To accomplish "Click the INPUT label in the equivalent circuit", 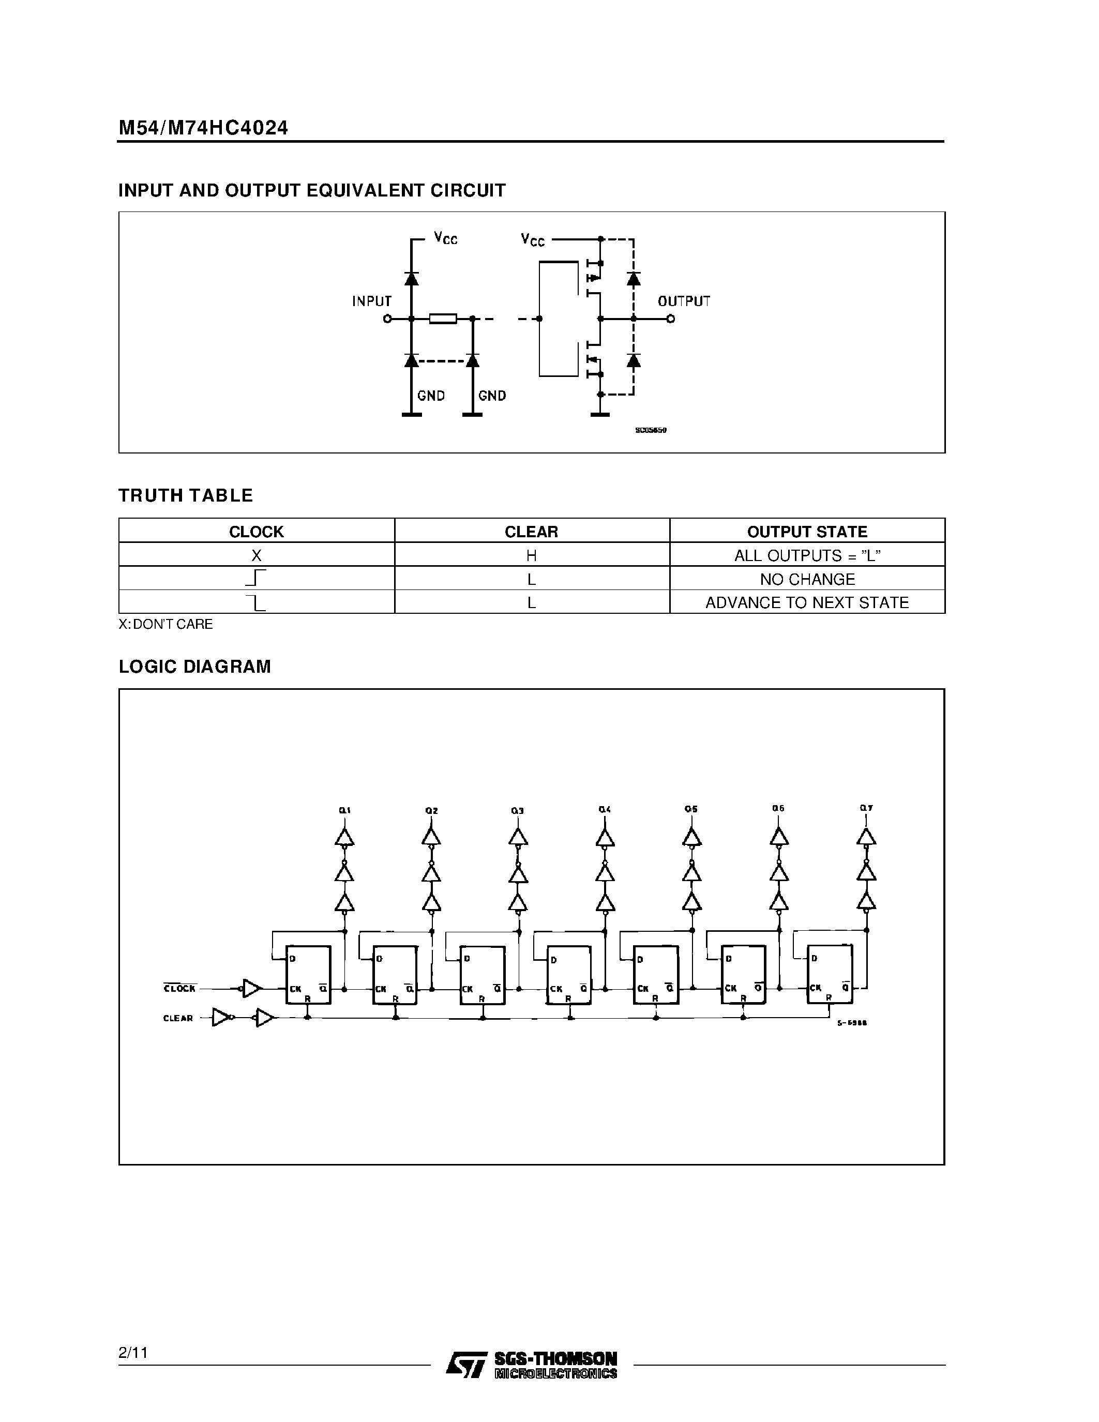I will click(x=372, y=301).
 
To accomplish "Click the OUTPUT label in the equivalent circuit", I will click(x=683, y=301).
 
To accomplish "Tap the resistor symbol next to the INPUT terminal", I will click(x=443, y=319).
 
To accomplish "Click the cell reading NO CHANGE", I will click(x=807, y=579).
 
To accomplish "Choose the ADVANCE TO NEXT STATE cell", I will click(x=807, y=602).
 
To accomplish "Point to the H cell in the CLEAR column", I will click(x=531, y=555).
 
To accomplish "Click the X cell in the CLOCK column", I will click(x=256, y=555).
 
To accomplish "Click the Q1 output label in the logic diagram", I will click(x=344, y=810).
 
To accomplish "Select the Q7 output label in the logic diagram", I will click(x=865, y=808).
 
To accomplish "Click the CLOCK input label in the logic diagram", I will click(x=179, y=988).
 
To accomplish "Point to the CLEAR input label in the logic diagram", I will click(x=178, y=1018).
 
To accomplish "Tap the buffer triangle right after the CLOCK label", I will click(x=252, y=988).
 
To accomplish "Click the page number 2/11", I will click(x=133, y=1352).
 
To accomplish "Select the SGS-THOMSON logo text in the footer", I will click(x=555, y=1358).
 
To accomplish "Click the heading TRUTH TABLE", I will click(x=186, y=495).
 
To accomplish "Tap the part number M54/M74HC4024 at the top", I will click(x=203, y=128).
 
